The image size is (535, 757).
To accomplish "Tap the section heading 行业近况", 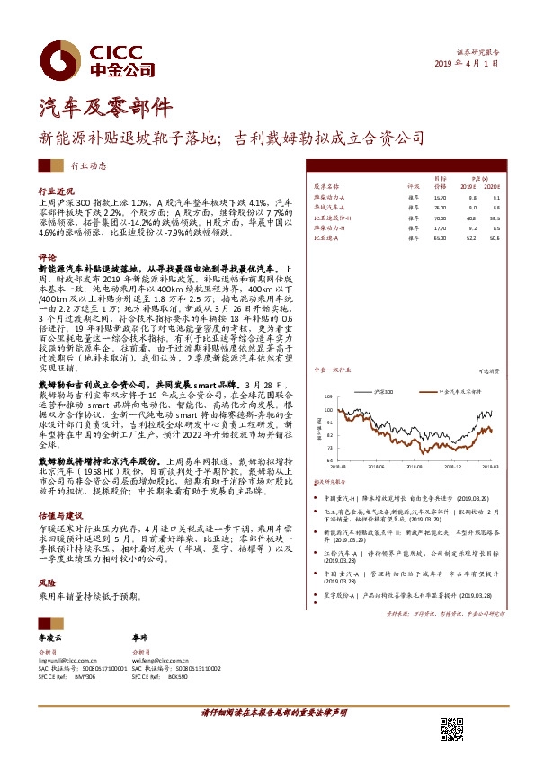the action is click(x=55, y=192).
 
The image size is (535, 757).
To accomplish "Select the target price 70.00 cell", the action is click(x=439, y=218).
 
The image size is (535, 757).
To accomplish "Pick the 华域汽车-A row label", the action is click(x=329, y=207).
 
